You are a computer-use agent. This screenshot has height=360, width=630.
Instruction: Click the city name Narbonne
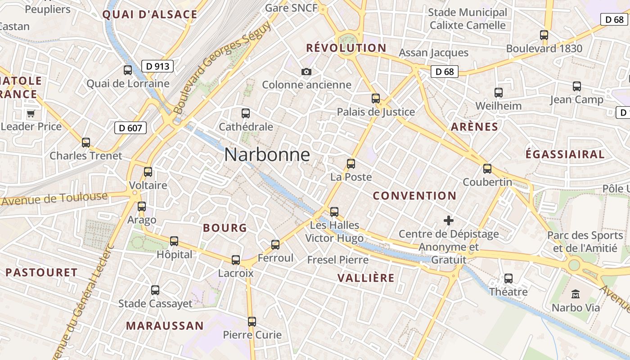(267, 155)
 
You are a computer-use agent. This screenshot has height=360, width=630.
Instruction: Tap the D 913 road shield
(157, 67)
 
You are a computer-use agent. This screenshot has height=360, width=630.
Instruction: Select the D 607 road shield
(130, 128)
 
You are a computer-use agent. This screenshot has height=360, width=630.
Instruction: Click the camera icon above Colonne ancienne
(306, 72)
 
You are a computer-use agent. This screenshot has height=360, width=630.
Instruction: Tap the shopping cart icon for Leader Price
(31, 113)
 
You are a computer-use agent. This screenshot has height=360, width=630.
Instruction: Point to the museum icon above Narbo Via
(575, 295)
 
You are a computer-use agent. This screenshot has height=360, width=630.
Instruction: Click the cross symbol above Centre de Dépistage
(449, 220)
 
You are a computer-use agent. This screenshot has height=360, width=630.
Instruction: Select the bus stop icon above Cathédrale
(246, 113)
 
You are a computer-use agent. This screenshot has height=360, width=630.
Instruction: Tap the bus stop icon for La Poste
(351, 164)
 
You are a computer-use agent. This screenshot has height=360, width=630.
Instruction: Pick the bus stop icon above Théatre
(508, 279)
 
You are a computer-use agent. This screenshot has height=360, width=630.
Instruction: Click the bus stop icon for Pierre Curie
(252, 322)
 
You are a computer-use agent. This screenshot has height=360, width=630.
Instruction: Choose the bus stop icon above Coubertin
(487, 169)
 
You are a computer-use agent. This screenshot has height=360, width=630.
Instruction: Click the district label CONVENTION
(414, 196)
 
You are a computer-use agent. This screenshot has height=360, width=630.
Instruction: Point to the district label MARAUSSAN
(165, 325)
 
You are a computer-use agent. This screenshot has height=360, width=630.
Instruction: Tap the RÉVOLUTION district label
(346, 48)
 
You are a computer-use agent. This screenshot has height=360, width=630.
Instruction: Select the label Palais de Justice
(376, 112)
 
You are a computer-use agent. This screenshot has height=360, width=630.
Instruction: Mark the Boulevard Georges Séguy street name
(222, 67)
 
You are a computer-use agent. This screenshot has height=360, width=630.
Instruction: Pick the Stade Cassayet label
(155, 304)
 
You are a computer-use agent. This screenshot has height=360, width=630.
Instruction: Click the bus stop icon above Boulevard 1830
(544, 35)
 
